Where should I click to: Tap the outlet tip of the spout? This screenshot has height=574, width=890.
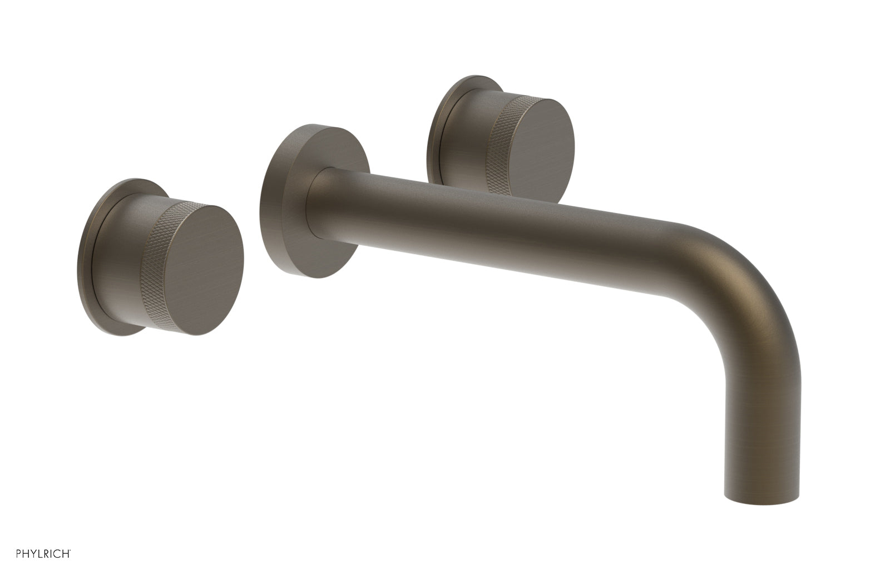(x=762, y=495)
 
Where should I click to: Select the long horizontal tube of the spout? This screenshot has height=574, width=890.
(x=501, y=234)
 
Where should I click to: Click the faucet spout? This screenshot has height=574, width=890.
(x=556, y=245)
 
